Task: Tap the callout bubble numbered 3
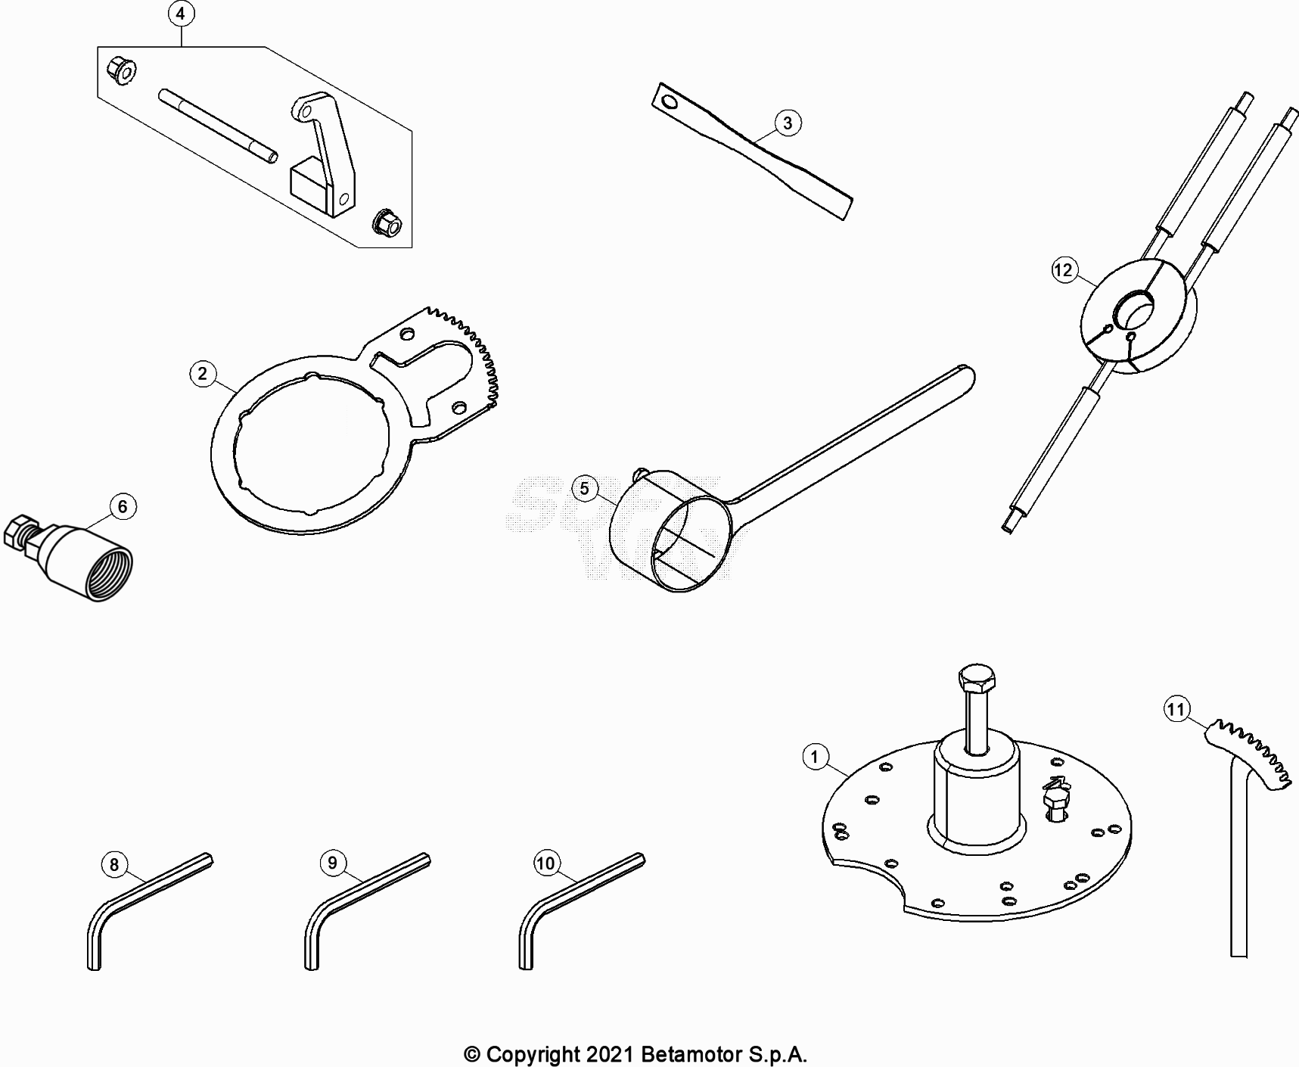788,123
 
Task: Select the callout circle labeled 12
1064,270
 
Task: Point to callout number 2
203,374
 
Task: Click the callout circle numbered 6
123,506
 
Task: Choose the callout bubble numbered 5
584,488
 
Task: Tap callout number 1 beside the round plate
815,757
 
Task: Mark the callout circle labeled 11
1176,710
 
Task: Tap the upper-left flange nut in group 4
121,70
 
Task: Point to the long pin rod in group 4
218,126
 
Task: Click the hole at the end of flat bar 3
668,99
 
